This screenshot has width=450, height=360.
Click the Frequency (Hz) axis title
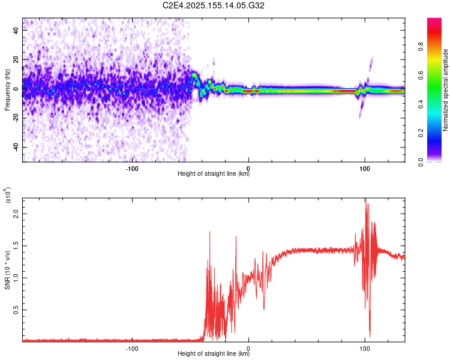7,90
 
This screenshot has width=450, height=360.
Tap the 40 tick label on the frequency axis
16,31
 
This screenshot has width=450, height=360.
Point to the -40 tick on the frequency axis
16,147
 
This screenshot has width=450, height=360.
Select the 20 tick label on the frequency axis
16,60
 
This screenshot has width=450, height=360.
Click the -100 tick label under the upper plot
132,168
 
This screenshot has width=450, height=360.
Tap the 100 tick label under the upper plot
364,168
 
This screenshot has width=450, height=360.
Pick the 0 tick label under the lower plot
248,347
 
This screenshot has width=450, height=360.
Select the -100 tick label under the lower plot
132,347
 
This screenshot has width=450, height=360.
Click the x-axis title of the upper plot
214,175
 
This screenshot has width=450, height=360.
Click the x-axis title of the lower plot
214,354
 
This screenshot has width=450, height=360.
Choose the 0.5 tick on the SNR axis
16,310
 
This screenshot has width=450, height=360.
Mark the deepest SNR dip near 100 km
370,337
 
